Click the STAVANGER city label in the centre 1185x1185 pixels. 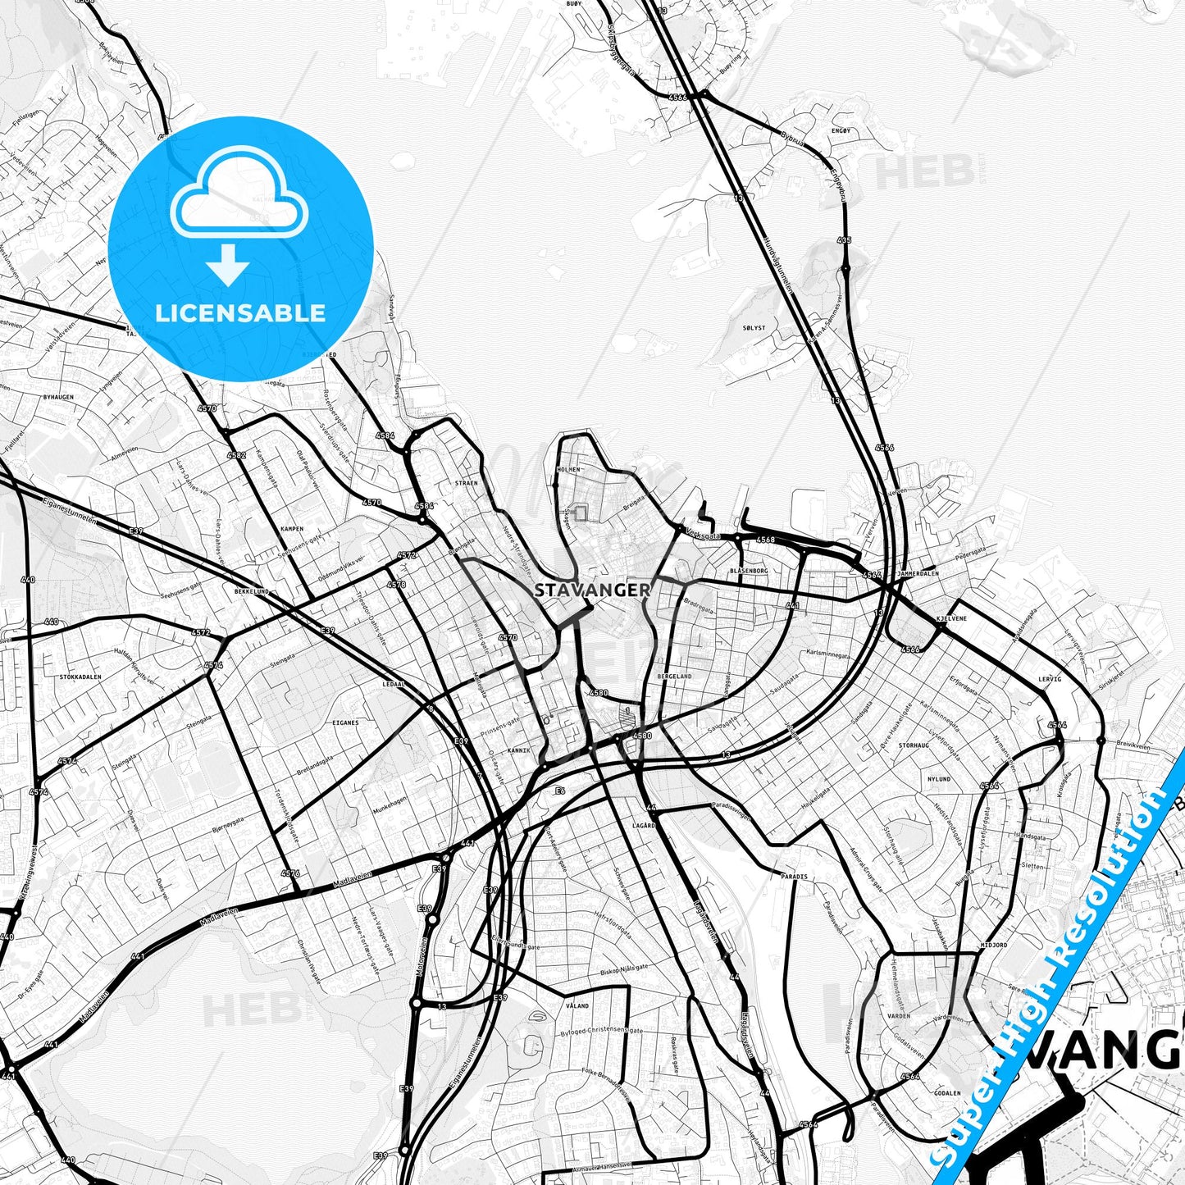coord(592,590)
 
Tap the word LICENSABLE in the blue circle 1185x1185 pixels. coord(240,312)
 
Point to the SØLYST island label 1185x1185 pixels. coord(753,327)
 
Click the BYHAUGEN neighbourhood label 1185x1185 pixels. coord(58,397)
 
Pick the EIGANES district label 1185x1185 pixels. coord(345,722)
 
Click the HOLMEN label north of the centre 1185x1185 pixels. coord(567,469)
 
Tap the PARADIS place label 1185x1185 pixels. coord(794,877)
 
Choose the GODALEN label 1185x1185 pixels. coord(947,1093)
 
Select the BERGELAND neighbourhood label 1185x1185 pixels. coord(674,676)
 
